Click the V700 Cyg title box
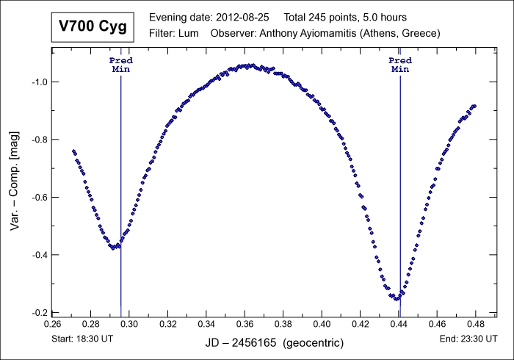coord(92,27)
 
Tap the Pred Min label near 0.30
coord(120,64)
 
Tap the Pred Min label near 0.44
coord(399,64)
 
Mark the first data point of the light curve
coord(73,151)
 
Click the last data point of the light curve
coord(474,106)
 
